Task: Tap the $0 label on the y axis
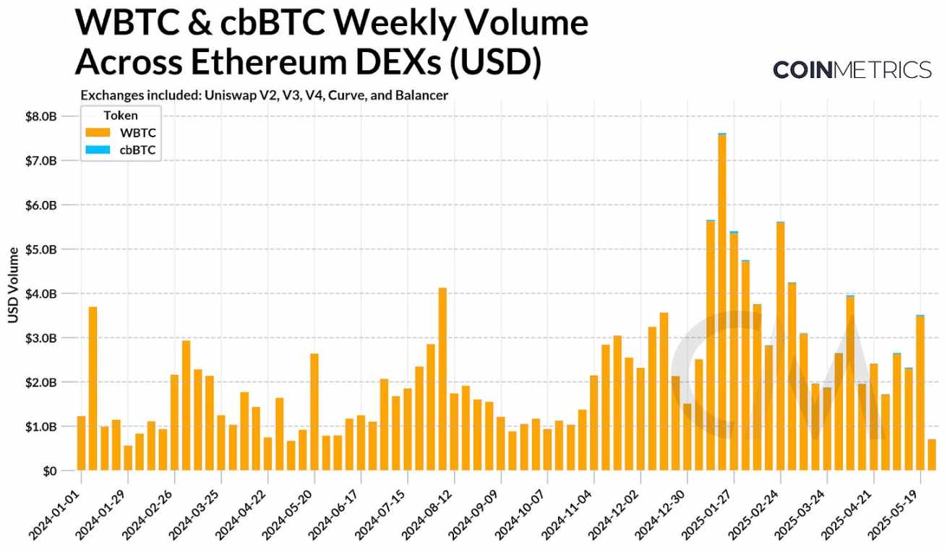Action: pos(48,471)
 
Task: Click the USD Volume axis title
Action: pos(13,285)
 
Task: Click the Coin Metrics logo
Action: pos(852,69)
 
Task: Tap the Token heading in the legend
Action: pos(121,115)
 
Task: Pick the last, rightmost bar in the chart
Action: pos(932,455)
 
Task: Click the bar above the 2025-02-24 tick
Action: pos(780,347)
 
